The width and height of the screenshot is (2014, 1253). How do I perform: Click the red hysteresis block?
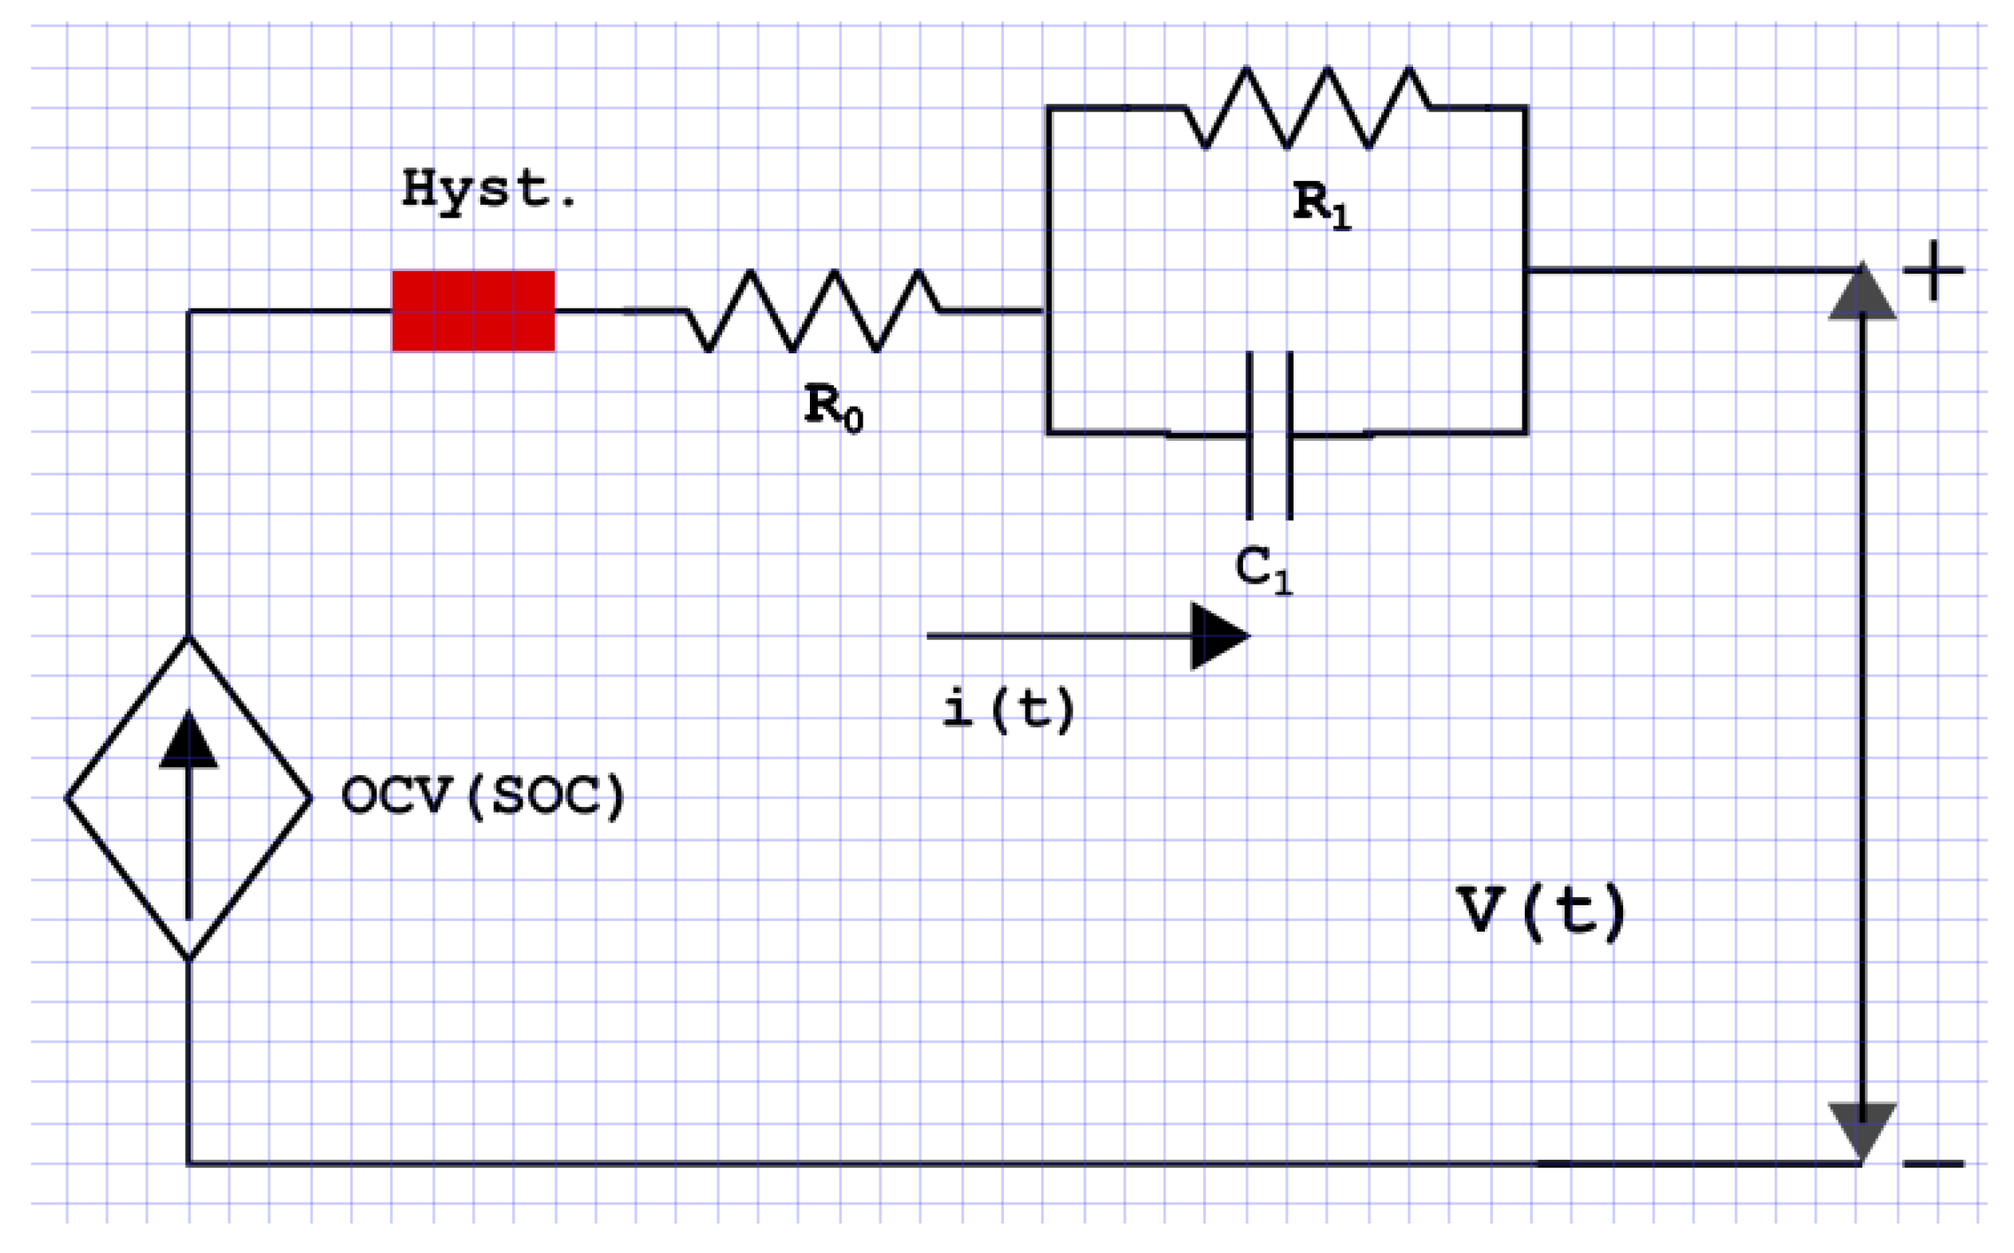coord(473,311)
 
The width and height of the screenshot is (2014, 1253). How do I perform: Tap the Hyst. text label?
coord(488,190)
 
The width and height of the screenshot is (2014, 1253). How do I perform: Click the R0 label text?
coord(833,408)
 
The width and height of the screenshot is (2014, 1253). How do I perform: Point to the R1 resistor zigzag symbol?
coord(1308,108)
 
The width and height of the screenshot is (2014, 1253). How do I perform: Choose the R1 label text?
coord(1321,205)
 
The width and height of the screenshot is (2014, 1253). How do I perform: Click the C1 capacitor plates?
coord(1270,435)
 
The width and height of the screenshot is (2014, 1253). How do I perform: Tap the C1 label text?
coord(1262,570)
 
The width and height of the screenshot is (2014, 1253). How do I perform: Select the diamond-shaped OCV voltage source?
coord(189,798)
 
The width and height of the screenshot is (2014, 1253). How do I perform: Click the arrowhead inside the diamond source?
coord(189,740)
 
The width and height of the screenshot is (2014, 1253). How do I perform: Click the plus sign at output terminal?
coord(1933,270)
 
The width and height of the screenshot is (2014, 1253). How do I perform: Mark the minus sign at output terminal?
coord(1933,1164)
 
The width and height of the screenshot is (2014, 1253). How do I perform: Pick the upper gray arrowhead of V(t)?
coord(1862,293)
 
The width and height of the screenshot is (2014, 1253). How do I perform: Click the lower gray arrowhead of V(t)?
coord(1862,1131)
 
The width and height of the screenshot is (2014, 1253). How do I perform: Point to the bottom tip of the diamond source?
coord(189,959)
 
